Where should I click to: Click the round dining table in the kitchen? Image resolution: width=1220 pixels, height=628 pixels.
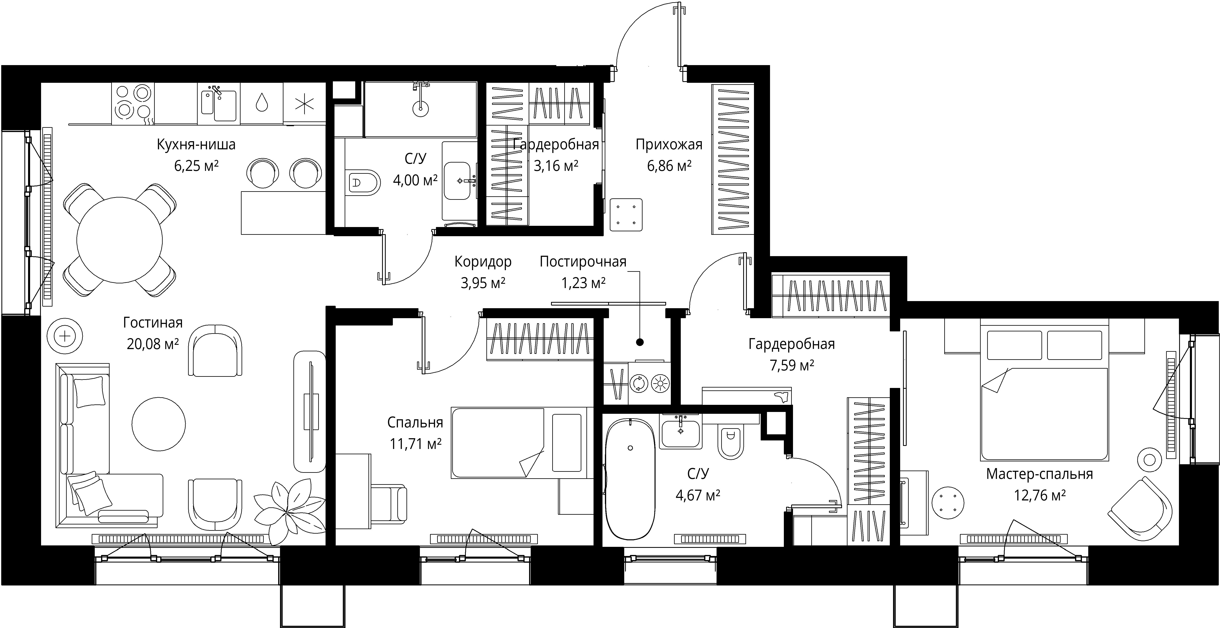pos(119,240)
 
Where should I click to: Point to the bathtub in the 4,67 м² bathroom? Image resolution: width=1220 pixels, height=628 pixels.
pos(630,479)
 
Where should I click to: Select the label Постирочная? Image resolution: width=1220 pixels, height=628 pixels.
pos(583,262)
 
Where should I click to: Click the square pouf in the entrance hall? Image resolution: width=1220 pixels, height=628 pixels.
pos(626,215)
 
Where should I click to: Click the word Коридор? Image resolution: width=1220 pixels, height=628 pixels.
pos(483,262)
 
